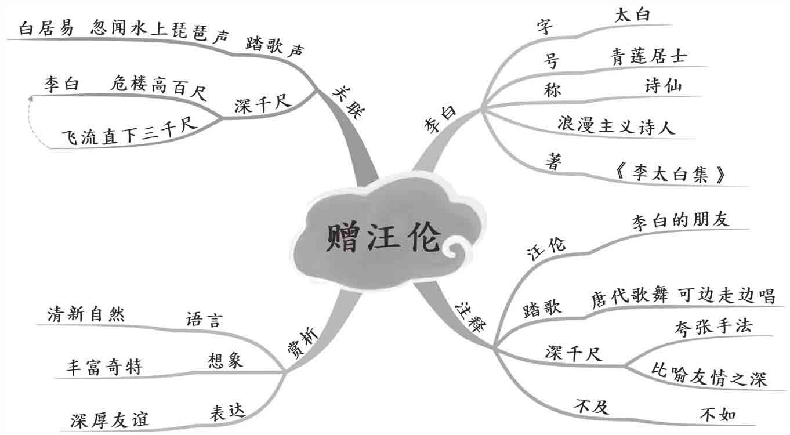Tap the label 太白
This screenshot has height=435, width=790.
pyautogui.click(x=632, y=16)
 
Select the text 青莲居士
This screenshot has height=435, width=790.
pyautogui.click(x=648, y=56)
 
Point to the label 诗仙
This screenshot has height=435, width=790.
pyautogui.click(x=663, y=86)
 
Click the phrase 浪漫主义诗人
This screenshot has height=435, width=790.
pyautogui.click(x=616, y=126)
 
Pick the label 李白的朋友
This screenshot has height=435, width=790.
pyautogui.click(x=680, y=220)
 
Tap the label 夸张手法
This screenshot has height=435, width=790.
pyautogui.click(x=713, y=326)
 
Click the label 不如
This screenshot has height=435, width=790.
pyautogui.click(x=718, y=415)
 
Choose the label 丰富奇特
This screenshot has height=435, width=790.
pyautogui.click(x=104, y=367)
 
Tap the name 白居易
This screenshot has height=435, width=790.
pyautogui.click(x=46, y=28)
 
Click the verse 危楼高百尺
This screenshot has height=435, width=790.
pyautogui.click(x=158, y=87)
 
